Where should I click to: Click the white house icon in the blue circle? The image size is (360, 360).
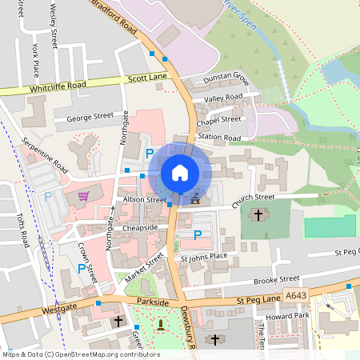click(x=180, y=173)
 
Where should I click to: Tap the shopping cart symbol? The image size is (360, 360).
click(x=82, y=196)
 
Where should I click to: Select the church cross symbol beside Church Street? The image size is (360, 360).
click(x=258, y=214)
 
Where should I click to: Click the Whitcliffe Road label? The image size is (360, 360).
click(x=57, y=87)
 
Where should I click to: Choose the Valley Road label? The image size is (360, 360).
click(x=223, y=98)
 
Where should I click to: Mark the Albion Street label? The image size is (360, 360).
click(x=144, y=200)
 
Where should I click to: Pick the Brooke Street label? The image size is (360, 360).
click(x=276, y=280)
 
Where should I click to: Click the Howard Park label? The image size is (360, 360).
click(x=297, y=315)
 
